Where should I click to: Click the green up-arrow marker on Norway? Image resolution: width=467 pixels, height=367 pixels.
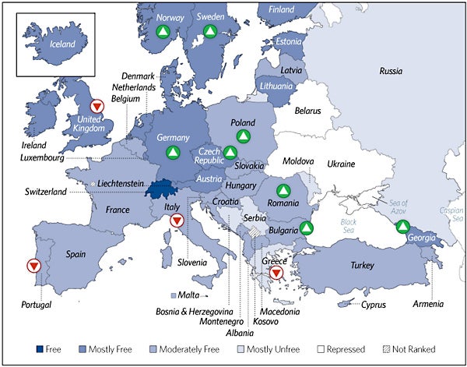click(162, 32)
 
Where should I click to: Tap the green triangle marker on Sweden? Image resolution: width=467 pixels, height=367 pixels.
click(209, 32)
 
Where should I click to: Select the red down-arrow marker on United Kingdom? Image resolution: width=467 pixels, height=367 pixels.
click(96, 106)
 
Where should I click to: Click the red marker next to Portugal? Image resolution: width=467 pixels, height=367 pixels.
click(33, 266)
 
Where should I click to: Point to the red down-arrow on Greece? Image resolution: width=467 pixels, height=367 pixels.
click(276, 272)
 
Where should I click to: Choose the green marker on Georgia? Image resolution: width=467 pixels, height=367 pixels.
click(402, 228)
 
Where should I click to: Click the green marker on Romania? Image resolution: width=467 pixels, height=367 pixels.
click(283, 190)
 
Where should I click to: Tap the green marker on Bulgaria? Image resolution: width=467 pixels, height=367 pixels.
click(307, 228)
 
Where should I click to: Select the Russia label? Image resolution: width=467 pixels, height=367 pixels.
click(391, 71)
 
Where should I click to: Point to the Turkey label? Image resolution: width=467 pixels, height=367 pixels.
click(363, 266)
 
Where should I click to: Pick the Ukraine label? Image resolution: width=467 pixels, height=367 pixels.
click(340, 164)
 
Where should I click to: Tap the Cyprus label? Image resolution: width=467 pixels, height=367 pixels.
click(373, 304)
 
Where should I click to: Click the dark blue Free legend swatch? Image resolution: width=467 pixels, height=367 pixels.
click(41, 349)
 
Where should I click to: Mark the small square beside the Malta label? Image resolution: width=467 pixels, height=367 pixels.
click(174, 296)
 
